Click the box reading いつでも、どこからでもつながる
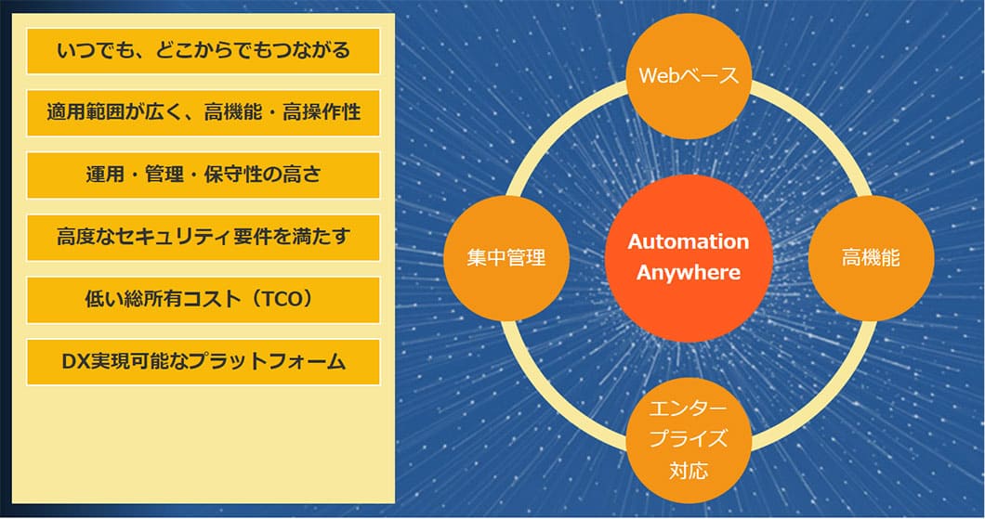tap(203, 51)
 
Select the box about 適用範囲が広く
tap(203, 113)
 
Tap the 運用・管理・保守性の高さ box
tap(203, 175)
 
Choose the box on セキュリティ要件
tap(203, 238)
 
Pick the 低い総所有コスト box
tap(203, 299)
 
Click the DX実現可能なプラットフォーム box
tap(203, 362)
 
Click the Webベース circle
tap(689, 76)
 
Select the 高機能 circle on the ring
tap(871, 258)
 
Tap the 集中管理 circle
tap(506, 258)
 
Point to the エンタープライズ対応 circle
tap(689, 440)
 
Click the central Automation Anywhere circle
tap(689, 258)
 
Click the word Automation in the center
tap(689, 241)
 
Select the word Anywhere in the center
tap(689, 273)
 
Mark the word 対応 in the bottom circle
tap(689, 470)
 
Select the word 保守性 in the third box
tap(232, 175)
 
